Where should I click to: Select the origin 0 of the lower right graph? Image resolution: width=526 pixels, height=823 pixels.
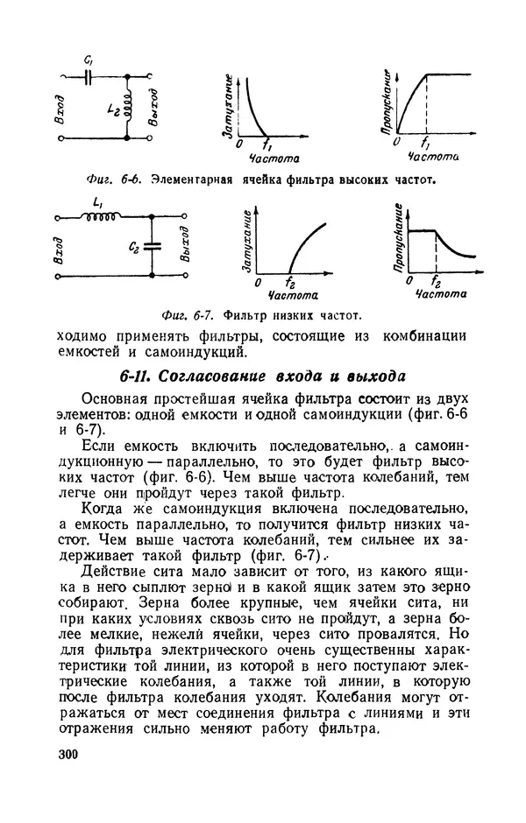[404, 283]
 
